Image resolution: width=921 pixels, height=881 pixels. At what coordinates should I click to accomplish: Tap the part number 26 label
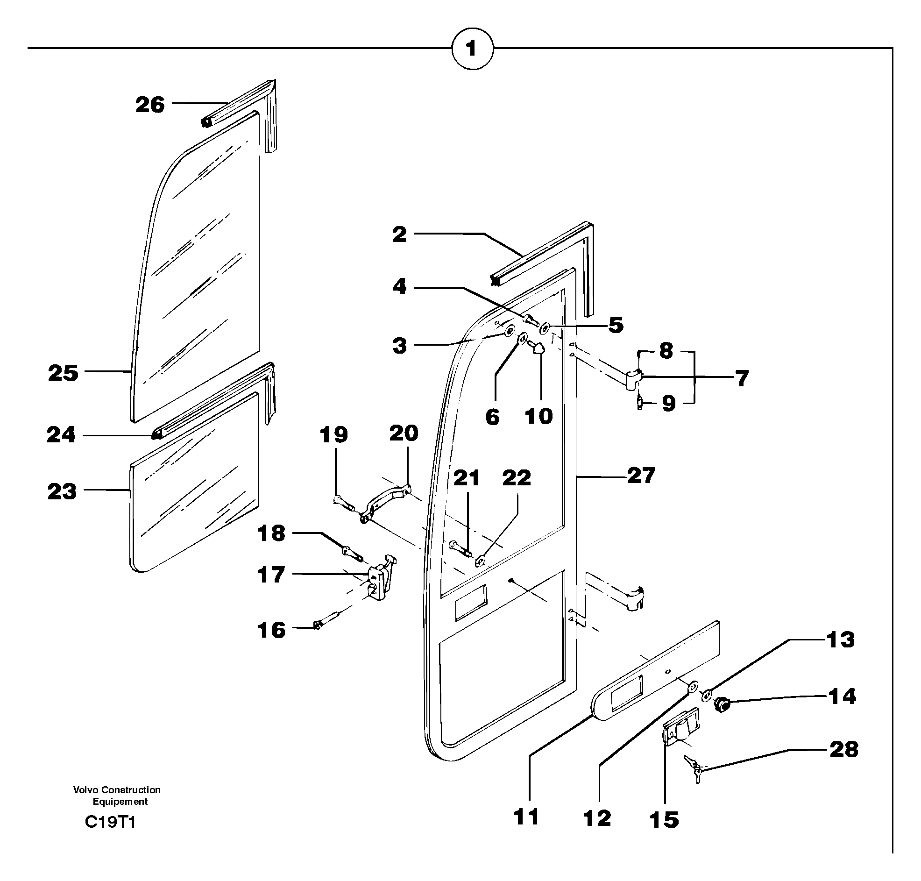(x=150, y=105)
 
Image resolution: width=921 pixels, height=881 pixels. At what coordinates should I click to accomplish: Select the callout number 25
(x=63, y=374)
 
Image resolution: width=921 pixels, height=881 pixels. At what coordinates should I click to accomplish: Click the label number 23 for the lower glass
(x=62, y=492)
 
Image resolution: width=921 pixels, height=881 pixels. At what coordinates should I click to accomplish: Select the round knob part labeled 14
(x=722, y=704)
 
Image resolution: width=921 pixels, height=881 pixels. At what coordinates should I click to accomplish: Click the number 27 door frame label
(x=641, y=476)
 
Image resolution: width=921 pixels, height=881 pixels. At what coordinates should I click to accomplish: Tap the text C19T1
(x=110, y=822)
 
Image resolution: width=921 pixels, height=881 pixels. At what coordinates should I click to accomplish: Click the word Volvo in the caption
(x=86, y=790)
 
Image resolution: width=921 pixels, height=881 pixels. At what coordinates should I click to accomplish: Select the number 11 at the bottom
(x=526, y=817)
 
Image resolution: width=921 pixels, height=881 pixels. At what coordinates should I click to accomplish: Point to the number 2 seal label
(x=399, y=234)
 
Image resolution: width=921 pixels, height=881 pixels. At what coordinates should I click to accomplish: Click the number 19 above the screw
(x=334, y=435)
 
